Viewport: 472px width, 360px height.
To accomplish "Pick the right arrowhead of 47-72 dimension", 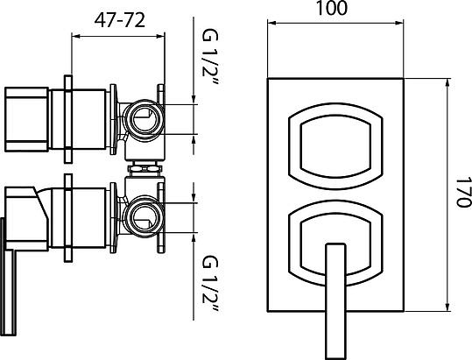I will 162,36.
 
